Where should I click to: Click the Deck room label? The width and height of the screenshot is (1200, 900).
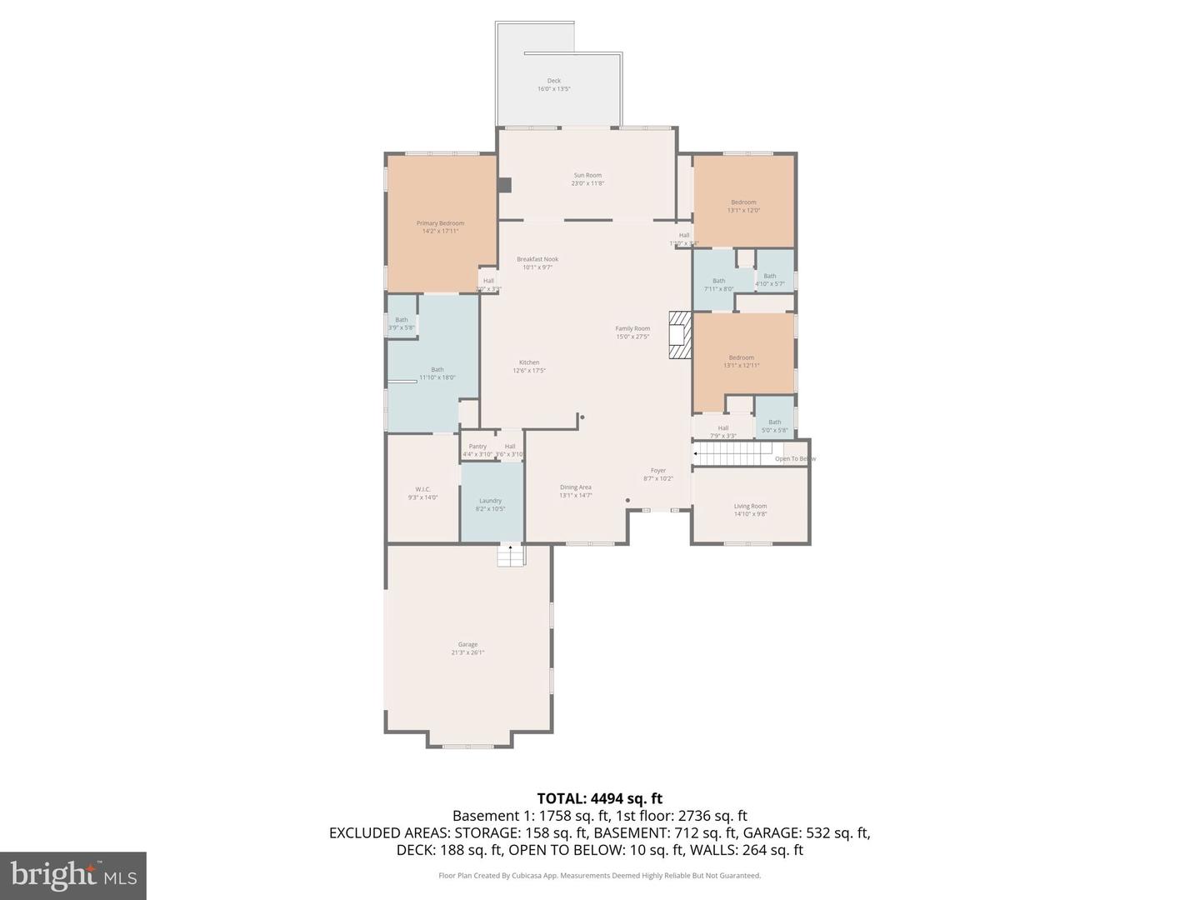coord(553,85)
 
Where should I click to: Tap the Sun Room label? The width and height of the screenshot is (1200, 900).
coord(587,179)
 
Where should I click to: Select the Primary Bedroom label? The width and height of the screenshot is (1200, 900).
coord(440,227)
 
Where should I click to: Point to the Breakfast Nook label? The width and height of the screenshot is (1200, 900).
coord(537,263)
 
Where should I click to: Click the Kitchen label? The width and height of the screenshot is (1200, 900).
coord(529,367)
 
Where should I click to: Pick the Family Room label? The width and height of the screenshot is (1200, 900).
coord(632,332)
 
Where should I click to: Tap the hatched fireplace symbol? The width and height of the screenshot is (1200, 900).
coord(679,335)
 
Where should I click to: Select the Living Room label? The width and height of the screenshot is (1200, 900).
coord(750,510)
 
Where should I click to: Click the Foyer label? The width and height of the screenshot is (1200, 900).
coord(658,474)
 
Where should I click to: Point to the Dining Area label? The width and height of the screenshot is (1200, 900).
coord(576,491)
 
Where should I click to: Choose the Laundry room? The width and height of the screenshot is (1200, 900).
coord(491,504)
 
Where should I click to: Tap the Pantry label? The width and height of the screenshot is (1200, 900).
coord(477,450)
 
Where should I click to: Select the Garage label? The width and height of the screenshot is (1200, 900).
coord(467,648)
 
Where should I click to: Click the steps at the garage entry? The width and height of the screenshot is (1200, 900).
coord(510,555)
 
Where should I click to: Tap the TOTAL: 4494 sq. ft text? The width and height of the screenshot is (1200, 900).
coord(599,798)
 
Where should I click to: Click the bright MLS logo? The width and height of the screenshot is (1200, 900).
coord(73,875)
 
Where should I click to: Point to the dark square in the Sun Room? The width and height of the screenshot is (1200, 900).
coord(504,185)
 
